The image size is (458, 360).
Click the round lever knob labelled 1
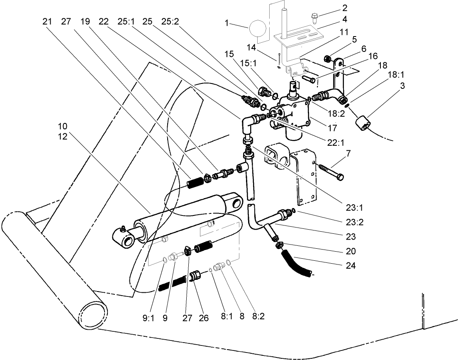click(x=258, y=29)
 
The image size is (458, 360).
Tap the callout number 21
click(x=47, y=21)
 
